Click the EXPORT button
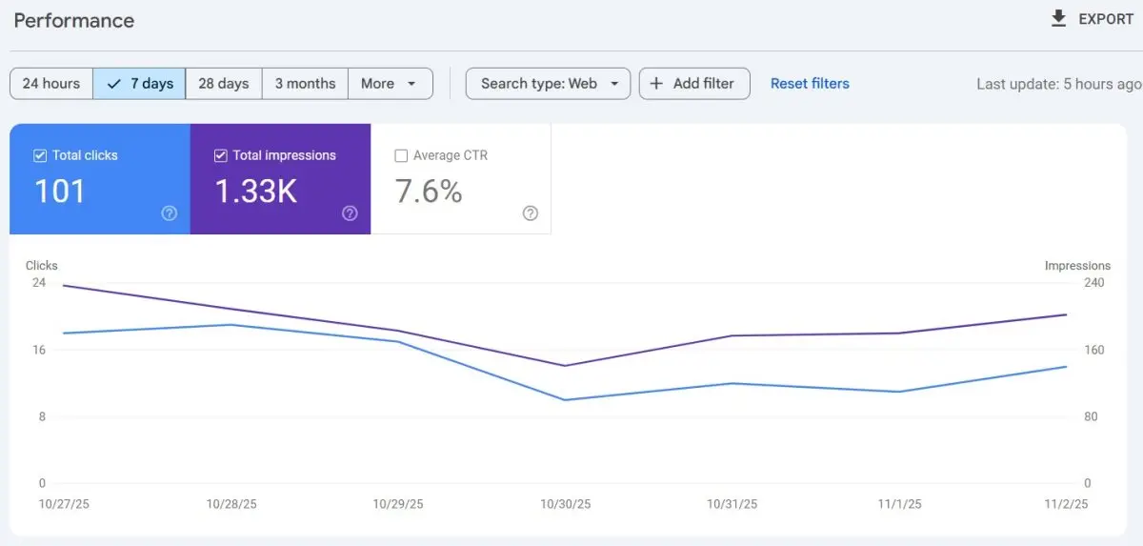[1092, 19]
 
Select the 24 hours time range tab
[51, 83]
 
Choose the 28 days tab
[224, 83]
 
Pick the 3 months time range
[305, 83]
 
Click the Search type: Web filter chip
[548, 83]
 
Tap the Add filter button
[693, 83]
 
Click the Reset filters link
[810, 83]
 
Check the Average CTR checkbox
[401, 155]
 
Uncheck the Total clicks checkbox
[40, 155]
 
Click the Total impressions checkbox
[221, 155]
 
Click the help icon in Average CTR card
[531, 213]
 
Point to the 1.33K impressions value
[255, 192]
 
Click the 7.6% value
[429, 192]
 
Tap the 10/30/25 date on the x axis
[566, 504]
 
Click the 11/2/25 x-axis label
[1066, 504]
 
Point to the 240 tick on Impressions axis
[1094, 282]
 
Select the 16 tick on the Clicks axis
[38, 350]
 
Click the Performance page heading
[74, 20]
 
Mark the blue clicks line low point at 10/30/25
[566, 399]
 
